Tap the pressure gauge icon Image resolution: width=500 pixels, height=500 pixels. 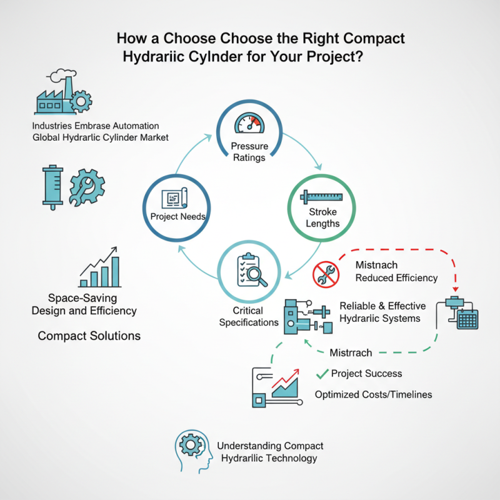(x=249, y=121)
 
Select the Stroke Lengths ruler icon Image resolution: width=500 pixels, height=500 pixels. (x=322, y=197)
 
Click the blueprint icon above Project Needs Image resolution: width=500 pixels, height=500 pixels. (x=174, y=199)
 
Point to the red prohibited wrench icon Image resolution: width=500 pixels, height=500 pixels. (x=325, y=273)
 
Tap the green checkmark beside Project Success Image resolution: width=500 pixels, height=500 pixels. (x=322, y=374)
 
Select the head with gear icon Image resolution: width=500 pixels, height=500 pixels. (x=191, y=447)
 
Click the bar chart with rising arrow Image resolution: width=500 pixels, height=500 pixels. (x=101, y=267)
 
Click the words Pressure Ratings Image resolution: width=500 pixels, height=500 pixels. (x=249, y=152)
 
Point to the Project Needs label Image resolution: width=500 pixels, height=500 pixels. (x=178, y=217)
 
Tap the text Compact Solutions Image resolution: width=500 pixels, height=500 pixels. (x=89, y=336)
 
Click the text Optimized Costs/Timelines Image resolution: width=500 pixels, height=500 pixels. (x=373, y=394)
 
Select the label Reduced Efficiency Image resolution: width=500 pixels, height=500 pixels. (x=396, y=277)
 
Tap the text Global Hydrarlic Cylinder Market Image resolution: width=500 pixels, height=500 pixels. (x=100, y=137)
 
